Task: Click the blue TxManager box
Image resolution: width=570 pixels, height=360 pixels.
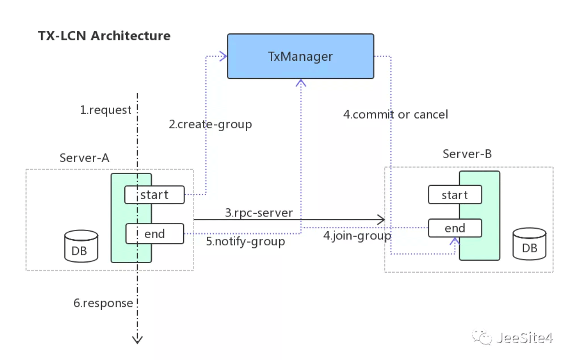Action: tap(301, 56)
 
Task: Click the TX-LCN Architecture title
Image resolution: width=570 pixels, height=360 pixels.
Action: tap(104, 36)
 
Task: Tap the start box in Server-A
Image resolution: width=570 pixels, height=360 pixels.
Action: tap(154, 195)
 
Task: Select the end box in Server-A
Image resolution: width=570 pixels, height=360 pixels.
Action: tap(155, 234)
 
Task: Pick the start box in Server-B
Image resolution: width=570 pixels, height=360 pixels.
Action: tap(455, 195)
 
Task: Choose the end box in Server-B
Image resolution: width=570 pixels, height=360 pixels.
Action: tap(455, 228)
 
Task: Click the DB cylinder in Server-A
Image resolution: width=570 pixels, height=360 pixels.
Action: tap(81, 246)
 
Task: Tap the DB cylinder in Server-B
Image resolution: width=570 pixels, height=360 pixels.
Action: tap(529, 244)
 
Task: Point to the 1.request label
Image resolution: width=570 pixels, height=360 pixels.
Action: tap(106, 110)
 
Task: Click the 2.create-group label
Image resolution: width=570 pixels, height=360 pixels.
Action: tap(211, 124)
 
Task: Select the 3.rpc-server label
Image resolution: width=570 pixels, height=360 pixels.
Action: tap(259, 213)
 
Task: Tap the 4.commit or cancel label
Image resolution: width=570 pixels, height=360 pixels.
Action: tap(396, 115)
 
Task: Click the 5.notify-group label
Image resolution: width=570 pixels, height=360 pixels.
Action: tap(246, 242)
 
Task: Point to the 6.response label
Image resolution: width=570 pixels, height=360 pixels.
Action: tap(103, 303)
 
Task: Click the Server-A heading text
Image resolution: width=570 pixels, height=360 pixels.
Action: tap(84, 158)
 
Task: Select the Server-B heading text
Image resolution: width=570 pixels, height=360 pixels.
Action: tap(467, 154)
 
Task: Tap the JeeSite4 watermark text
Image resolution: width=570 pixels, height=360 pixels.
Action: tap(524, 338)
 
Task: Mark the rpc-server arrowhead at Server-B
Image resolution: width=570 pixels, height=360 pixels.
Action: tap(381, 219)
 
